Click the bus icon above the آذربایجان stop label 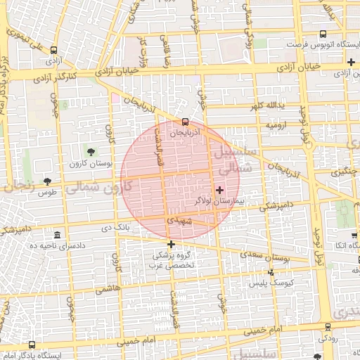coord(185,121)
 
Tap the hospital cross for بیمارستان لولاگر coord(220,190)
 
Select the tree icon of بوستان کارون coord(90,151)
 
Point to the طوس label coord(47,192)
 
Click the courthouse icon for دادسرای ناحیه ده coord(57,235)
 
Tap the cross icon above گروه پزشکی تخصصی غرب coord(171,244)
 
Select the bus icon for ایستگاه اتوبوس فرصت coord(323,34)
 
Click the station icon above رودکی coord(328,326)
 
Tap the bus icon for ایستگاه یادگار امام coord(32,345)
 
